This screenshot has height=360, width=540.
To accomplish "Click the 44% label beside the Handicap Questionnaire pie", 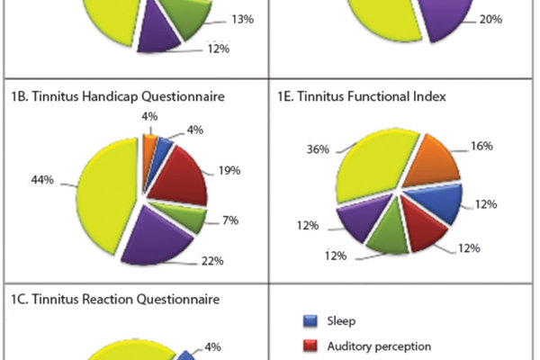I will tap(41, 180).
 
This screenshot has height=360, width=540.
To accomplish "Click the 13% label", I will tap(242, 19).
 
